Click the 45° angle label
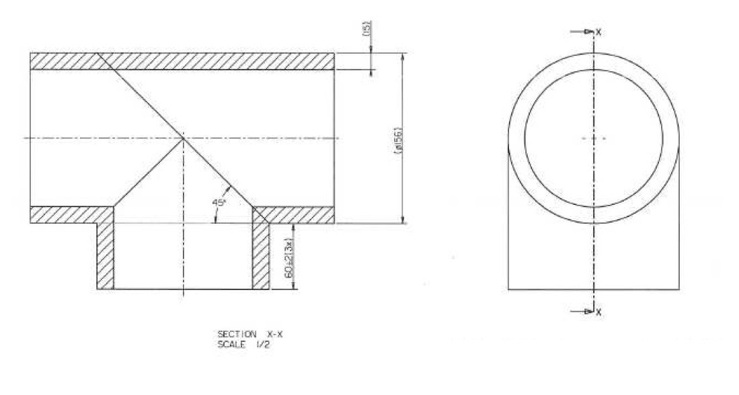(x=219, y=202)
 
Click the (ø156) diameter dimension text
(x=397, y=140)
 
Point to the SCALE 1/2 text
(x=243, y=345)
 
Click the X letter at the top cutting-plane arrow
(x=598, y=32)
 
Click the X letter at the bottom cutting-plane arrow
(x=598, y=312)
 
